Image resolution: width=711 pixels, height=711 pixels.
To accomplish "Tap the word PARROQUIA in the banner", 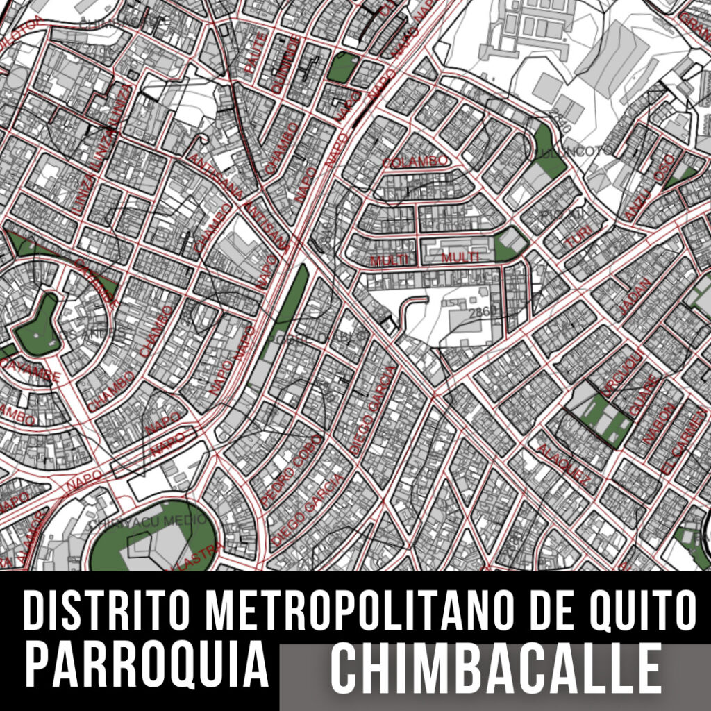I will (x=147, y=664).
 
